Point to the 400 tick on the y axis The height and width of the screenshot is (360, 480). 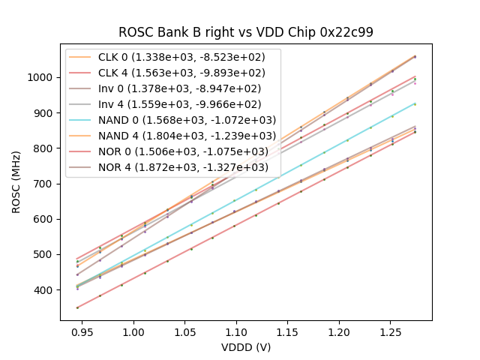coord(46,290)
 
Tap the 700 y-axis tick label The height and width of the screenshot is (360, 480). coord(46,184)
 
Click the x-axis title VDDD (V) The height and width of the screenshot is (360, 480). coord(246,347)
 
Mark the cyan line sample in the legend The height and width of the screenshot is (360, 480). coord(82,120)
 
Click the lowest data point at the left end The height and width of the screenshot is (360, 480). coord(77,307)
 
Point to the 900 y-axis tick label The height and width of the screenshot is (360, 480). coord(46,113)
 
